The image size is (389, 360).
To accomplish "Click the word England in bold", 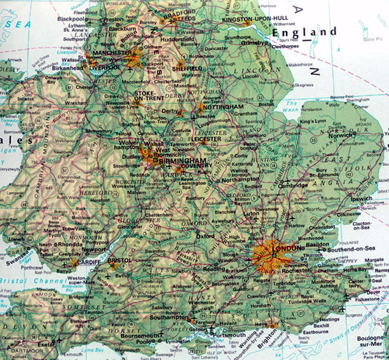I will [304, 31].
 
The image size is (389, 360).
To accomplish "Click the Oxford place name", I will [205, 236].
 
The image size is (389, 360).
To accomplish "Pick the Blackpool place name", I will [71, 19].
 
